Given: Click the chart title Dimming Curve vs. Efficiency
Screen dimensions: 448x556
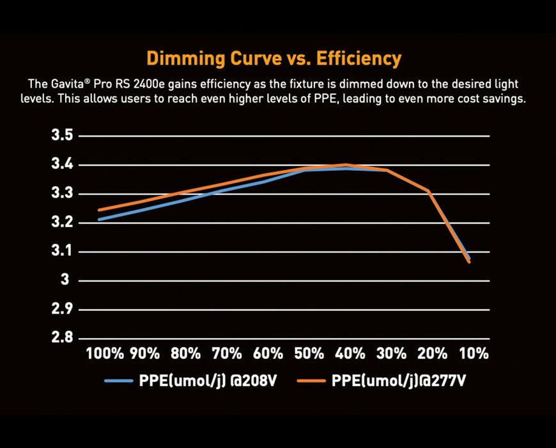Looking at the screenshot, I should click(x=274, y=59).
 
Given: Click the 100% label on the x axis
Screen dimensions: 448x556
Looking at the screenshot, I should click(x=105, y=353).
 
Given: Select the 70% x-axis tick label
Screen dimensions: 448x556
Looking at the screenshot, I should click(x=227, y=353).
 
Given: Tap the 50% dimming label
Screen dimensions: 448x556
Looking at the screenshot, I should click(x=309, y=353).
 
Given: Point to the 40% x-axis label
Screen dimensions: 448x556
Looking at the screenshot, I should click(x=350, y=353).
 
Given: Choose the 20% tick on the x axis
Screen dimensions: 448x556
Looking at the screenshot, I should click(x=432, y=353).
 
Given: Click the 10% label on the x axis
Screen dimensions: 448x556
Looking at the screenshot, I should click(x=473, y=353).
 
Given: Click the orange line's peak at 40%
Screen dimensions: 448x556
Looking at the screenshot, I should click(x=346, y=165).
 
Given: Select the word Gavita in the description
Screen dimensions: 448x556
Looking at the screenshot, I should click(x=68, y=84).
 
